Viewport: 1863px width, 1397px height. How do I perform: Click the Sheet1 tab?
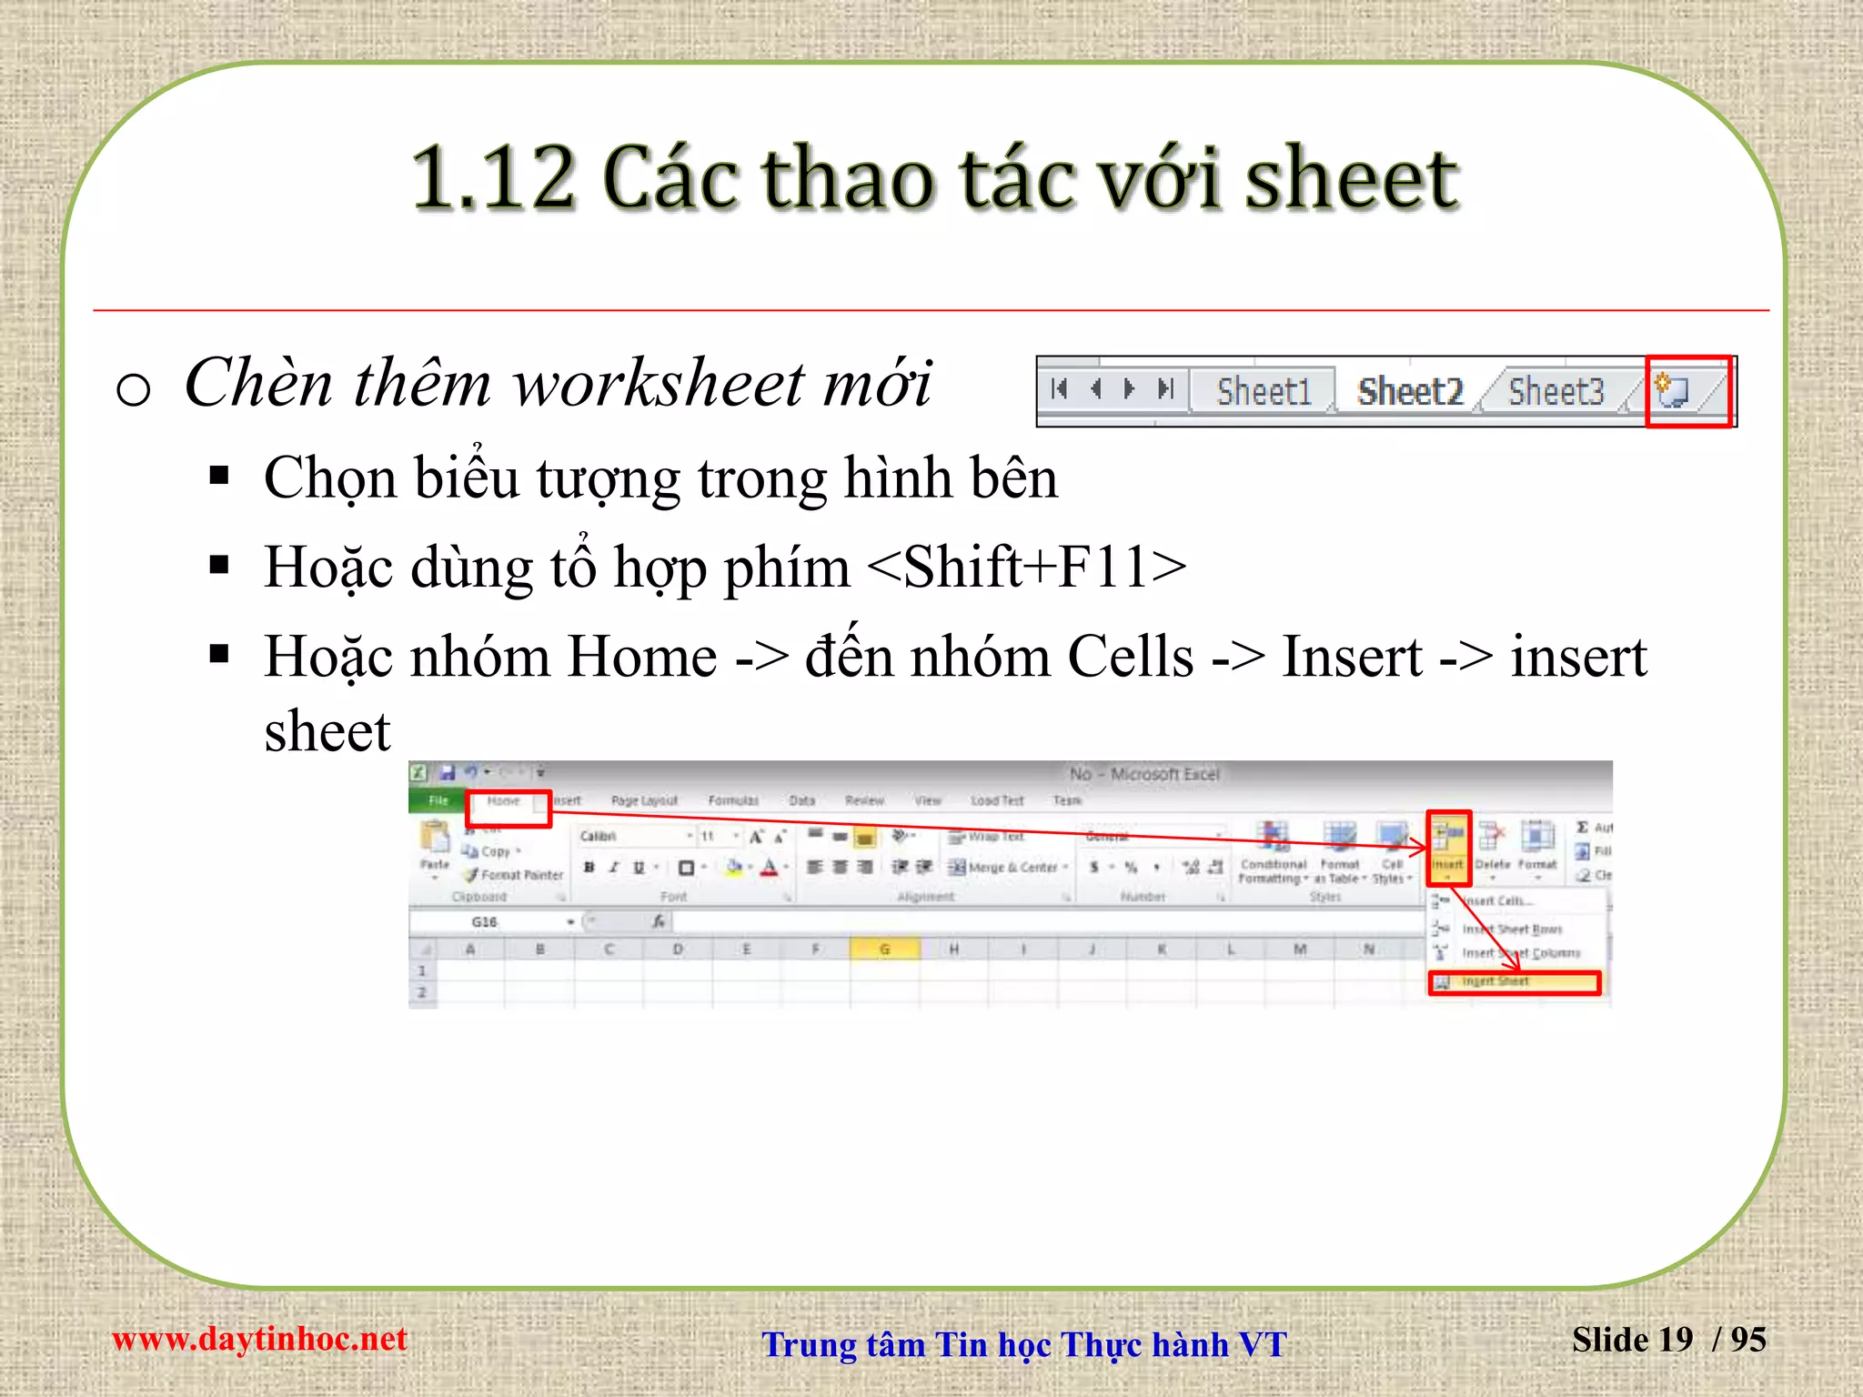(1263, 392)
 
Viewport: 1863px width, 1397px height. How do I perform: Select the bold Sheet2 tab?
(1409, 392)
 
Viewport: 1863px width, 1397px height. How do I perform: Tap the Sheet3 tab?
(1556, 392)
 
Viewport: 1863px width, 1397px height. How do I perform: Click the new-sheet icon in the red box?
(1672, 391)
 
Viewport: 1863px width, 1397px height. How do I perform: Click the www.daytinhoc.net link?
(259, 1340)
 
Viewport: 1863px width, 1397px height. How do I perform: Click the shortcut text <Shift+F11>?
(1027, 568)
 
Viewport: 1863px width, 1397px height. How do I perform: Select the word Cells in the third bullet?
(1130, 657)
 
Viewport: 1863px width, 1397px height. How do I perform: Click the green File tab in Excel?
(438, 800)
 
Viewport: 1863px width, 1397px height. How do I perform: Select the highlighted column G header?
(884, 950)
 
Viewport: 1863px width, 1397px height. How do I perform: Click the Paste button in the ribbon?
(435, 846)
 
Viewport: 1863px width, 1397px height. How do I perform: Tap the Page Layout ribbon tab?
(644, 801)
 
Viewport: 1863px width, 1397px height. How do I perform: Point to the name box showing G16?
(487, 922)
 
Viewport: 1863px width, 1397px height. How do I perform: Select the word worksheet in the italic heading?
(659, 384)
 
